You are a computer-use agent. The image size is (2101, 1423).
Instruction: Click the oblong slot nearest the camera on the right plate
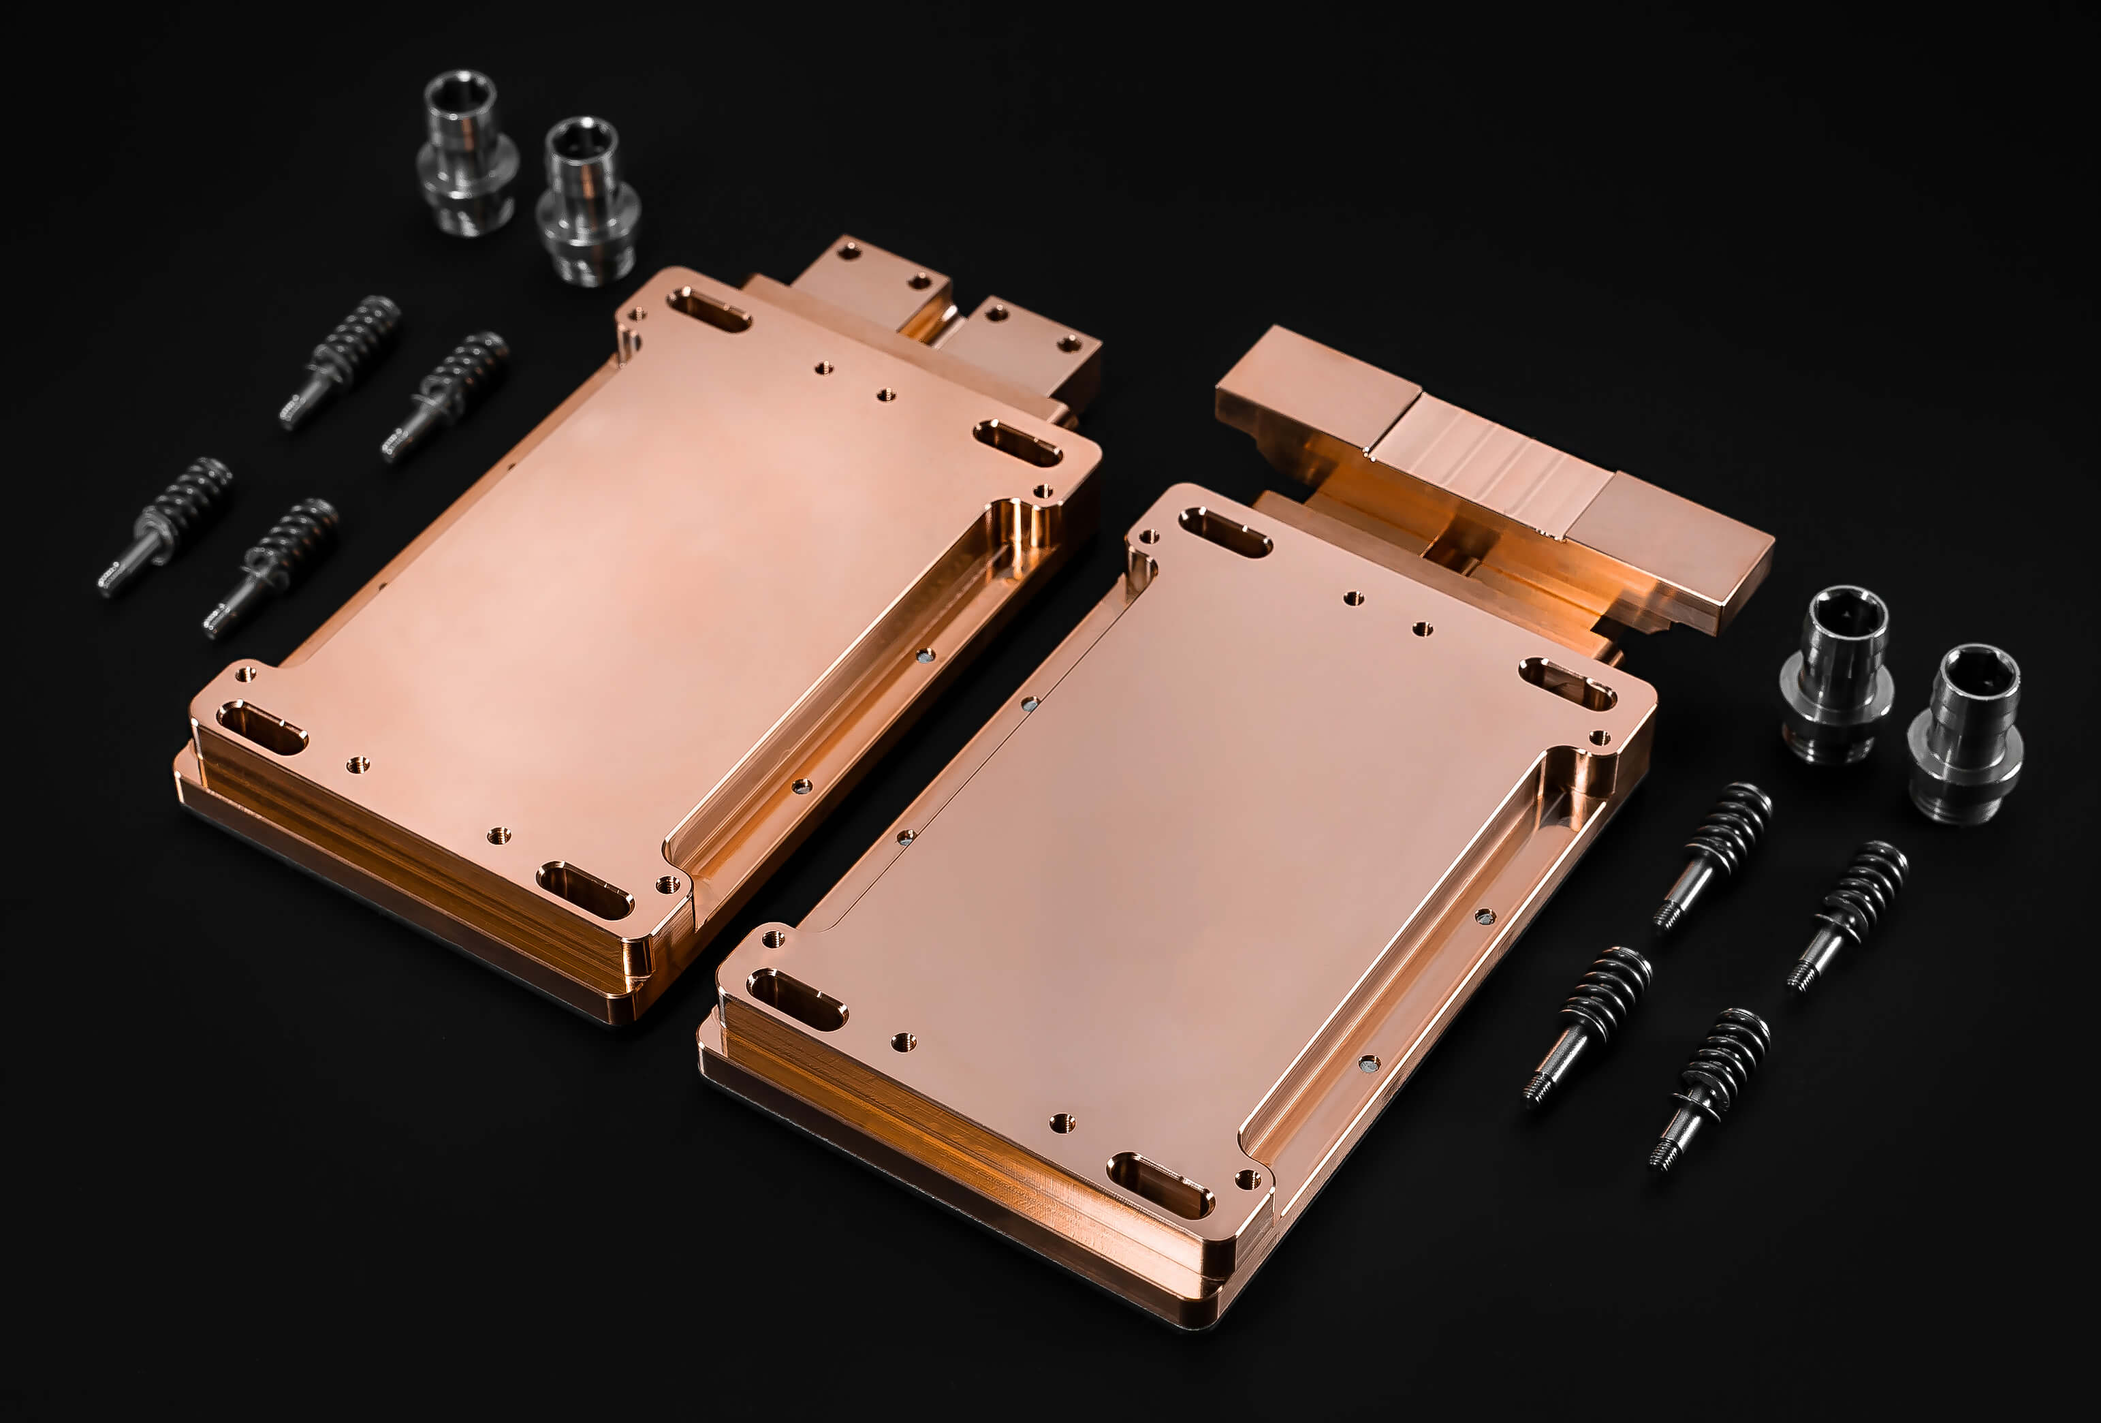(x=1160, y=1183)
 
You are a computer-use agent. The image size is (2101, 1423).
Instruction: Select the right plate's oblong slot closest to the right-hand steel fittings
(x=1566, y=683)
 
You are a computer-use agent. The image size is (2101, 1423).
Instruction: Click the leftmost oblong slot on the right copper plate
(x=795, y=999)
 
